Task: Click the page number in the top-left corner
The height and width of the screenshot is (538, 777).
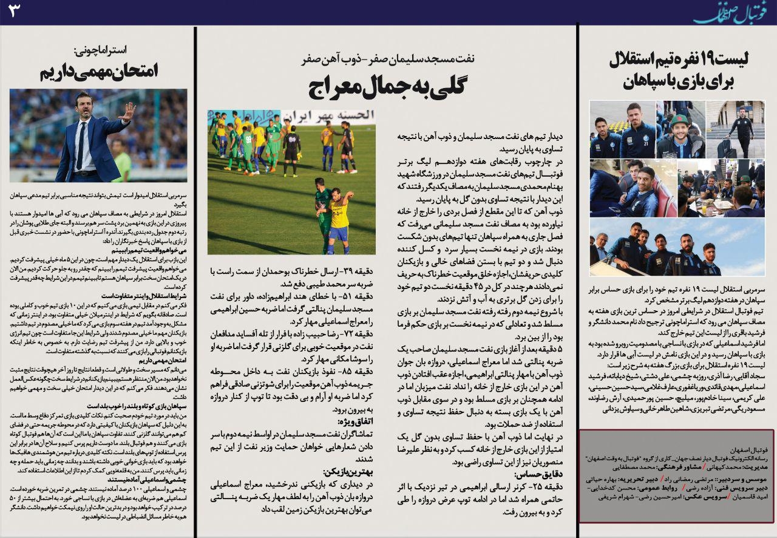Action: pos(14,10)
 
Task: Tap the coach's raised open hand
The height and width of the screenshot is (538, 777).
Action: pos(128,111)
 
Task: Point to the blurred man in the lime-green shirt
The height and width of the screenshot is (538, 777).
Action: pos(121,163)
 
